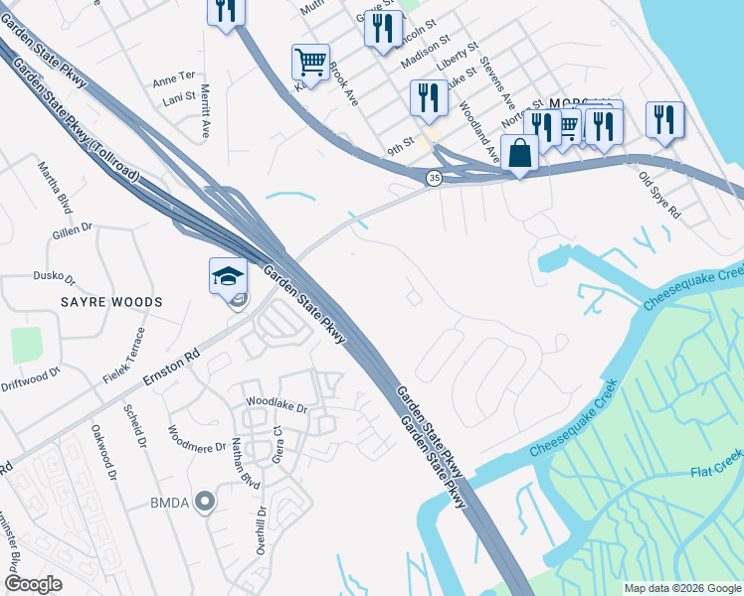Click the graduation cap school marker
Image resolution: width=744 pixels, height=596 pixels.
point(228,275)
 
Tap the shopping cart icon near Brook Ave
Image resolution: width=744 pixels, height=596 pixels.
point(310,63)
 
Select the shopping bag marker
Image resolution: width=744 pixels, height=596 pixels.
point(519,153)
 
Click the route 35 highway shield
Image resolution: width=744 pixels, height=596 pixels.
point(434,177)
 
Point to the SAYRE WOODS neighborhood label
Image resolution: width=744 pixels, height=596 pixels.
point(97,300)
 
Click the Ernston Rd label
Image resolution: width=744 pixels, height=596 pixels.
point(171,368)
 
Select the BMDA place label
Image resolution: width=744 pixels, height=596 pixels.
point(170,503)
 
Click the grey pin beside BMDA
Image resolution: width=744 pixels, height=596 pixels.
point(205,502)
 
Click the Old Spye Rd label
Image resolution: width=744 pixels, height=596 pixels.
point(659,197)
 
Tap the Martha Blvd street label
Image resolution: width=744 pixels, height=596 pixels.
point(55,187)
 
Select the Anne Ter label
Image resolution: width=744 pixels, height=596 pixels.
point(173,76)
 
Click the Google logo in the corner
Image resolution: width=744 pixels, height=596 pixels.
point(33,584)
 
